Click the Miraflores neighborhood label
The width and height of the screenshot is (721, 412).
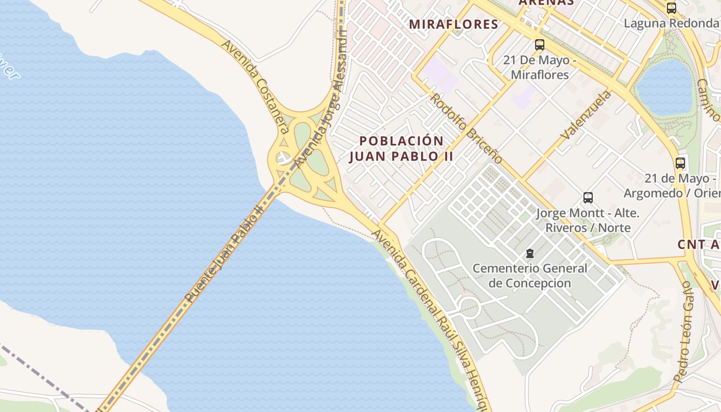[x=454, y=24]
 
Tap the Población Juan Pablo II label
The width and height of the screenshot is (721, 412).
[x=401, y=148]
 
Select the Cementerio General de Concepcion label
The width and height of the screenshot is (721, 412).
[x=529, y=276]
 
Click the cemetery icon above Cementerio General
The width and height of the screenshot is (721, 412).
[x=529, y=253]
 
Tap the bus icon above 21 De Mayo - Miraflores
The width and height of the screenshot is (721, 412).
[x=539, y=45]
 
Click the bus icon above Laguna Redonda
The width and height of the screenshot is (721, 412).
[x=671, y=8]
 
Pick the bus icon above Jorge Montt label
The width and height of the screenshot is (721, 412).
[x=588, y=198]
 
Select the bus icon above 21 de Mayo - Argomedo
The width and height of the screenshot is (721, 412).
[x=680, y=163]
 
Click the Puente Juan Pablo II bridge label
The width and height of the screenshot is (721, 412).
[x=225, y=252]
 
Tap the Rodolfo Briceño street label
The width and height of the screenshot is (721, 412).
[x=466, y=128]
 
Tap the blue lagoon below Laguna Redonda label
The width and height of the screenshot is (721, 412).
[x=664, y=88]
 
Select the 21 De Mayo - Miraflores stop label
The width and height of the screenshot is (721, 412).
[x=539, y=67]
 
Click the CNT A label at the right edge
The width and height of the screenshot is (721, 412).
[x=698, y=245]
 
